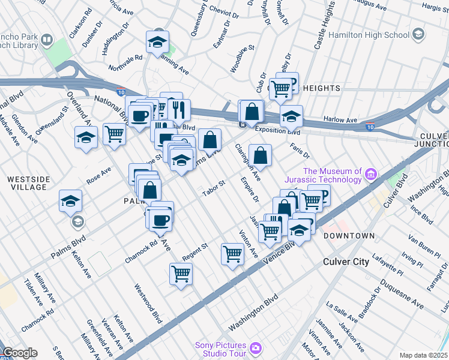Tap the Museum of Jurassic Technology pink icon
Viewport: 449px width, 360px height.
tap(371, 175)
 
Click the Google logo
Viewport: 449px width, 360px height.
tap(20, 353)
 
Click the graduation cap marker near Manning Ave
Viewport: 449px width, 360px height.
tap(157, 43)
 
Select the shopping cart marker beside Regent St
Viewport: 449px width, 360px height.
tap(232, 254)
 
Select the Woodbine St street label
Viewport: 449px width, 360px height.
tap(243, 59)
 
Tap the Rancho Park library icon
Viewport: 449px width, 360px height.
tap(47, 41)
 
